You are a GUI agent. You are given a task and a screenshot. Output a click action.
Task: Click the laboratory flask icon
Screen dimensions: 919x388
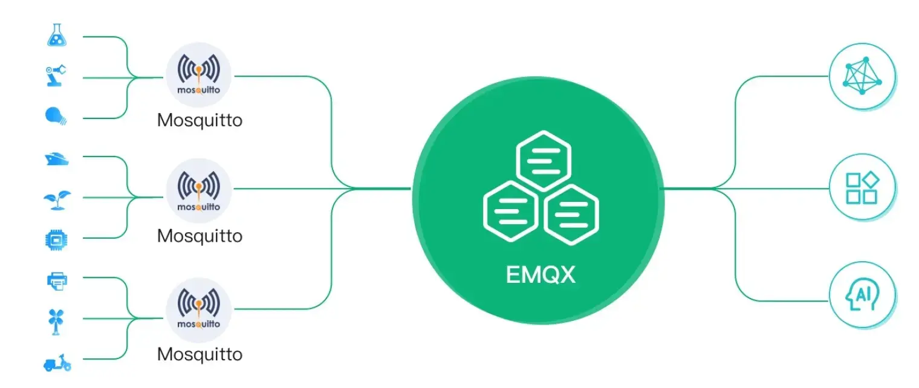coord(57,35)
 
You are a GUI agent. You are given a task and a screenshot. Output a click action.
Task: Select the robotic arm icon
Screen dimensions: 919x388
coord(56,76)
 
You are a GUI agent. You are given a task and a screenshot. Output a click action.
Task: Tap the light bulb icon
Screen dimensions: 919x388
coord(56,116)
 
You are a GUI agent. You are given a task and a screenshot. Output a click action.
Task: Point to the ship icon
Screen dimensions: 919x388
coord(57,159)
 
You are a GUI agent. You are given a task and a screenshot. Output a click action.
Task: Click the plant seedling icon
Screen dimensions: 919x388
coord(57,200)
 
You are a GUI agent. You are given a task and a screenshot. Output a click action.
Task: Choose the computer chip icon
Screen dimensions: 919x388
coord(56,240)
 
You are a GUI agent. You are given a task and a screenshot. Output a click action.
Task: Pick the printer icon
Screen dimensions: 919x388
coord(57,282)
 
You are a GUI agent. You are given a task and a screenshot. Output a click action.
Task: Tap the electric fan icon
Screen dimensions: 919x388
coord(56,322)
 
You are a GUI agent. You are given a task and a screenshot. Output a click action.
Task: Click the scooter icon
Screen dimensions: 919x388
coord(57,363)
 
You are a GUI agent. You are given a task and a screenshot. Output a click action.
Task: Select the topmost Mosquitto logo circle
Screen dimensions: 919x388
coord(198,75)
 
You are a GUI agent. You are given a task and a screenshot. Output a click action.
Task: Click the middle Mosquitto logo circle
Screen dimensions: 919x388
coord(198,191)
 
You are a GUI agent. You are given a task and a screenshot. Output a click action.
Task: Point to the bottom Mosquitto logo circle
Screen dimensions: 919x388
coord(198,310)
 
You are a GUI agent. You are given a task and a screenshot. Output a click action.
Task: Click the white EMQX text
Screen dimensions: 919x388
coord(541,274)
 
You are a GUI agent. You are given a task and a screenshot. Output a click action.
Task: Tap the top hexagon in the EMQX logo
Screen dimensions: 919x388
coord(544,161)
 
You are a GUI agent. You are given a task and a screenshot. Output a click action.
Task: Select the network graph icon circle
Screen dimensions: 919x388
coord(862,76)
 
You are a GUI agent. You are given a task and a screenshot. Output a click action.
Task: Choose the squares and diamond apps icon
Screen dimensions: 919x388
coord(862,187)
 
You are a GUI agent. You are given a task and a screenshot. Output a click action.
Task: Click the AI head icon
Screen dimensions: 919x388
coord(862,295)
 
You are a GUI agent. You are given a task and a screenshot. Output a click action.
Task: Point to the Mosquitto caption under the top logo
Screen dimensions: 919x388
coord(200,120)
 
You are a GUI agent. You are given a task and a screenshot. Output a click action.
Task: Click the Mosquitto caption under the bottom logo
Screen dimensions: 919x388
coord(200,354)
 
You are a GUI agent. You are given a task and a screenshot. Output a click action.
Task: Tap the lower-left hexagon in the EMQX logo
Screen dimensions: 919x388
coord(511,212)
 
